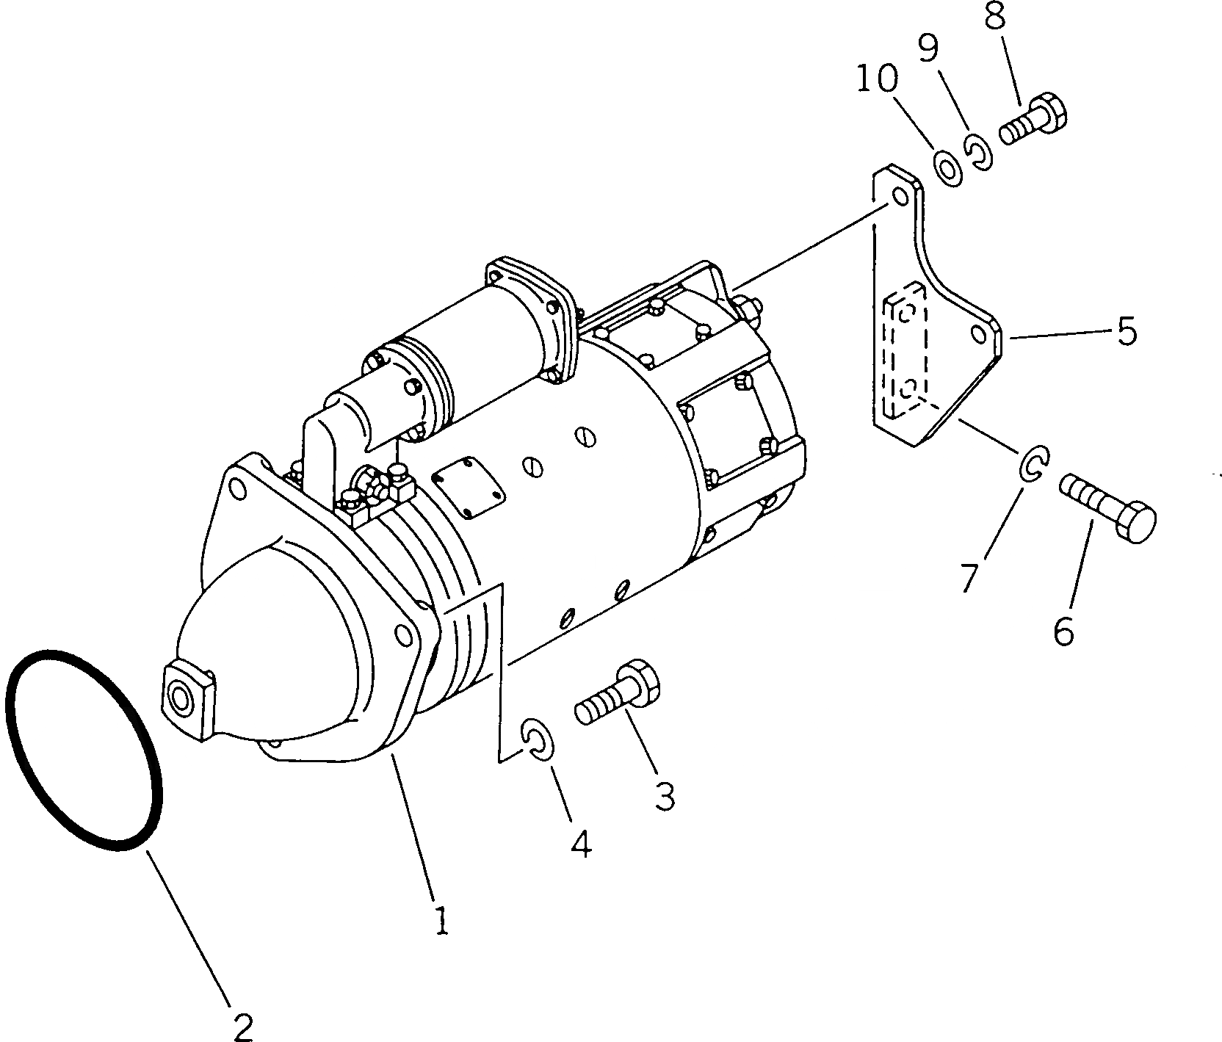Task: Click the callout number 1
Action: click(x=441, y=921)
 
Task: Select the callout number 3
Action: click(x=665, y=796)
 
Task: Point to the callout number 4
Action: click(x=580, y=845)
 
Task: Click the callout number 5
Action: click(x=1127, y=331)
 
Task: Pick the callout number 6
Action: click(x=1063, y=630)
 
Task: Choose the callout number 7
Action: click(x=969, y=577)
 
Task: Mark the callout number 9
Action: click(x=928, y=49)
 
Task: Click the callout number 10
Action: click(x=876, y=79)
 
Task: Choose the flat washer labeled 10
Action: click(x=948, y=168)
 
